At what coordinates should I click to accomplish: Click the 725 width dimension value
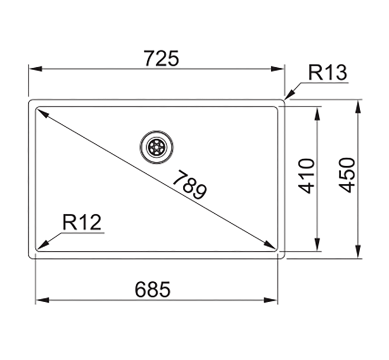point(161,58)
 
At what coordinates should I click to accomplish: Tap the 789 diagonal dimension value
point(189,185)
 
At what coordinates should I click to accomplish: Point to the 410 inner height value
point(307,176)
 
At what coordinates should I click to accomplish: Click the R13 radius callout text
point(328,73)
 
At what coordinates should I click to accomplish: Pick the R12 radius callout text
point(82,223)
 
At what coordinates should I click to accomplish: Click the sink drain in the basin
point(156,147)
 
